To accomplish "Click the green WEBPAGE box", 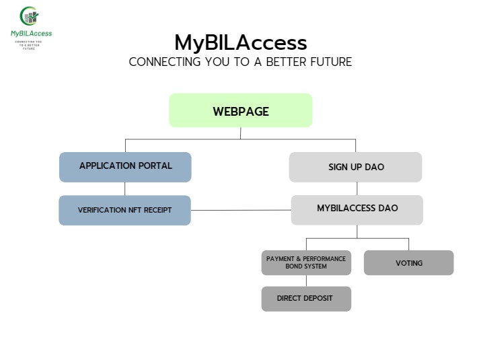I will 240,110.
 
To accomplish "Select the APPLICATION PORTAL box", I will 125,167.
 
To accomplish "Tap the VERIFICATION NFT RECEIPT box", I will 125,210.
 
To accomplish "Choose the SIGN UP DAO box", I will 355,167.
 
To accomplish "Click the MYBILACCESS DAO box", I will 357,209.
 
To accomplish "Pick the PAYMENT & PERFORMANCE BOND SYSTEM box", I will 306,262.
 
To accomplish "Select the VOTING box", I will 408,262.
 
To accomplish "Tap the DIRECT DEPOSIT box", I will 306,298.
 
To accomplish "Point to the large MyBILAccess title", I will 240,42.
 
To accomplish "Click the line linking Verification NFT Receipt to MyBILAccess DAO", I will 241,210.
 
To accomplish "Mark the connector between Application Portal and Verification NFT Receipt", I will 125,188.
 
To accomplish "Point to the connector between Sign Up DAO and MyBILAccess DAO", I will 357,188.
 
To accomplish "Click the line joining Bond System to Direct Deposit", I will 306,281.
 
